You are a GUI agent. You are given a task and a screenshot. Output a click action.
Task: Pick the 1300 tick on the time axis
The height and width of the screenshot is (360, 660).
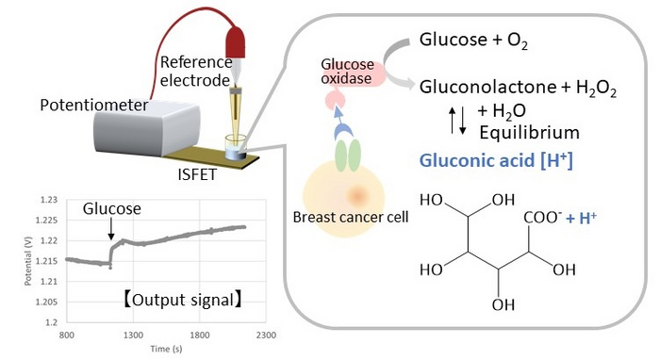point(133,334)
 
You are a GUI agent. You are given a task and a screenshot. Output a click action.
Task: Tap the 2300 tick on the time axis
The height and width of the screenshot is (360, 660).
point(265,334)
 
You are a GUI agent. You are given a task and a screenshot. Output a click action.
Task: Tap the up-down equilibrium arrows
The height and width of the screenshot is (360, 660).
point(456,121)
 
